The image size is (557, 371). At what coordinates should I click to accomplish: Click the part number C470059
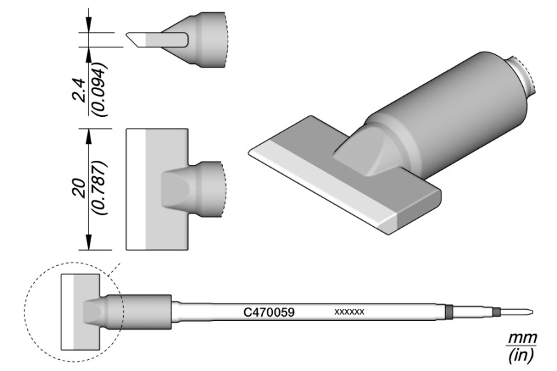269,312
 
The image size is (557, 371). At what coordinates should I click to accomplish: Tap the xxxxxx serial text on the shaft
350,312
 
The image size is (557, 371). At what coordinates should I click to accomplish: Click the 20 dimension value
79,189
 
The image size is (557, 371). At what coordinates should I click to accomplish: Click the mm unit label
521,338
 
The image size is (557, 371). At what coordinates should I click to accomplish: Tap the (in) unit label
521,355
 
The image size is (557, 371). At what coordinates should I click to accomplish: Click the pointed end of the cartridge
532,313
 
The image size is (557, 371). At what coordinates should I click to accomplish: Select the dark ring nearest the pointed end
496,312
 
